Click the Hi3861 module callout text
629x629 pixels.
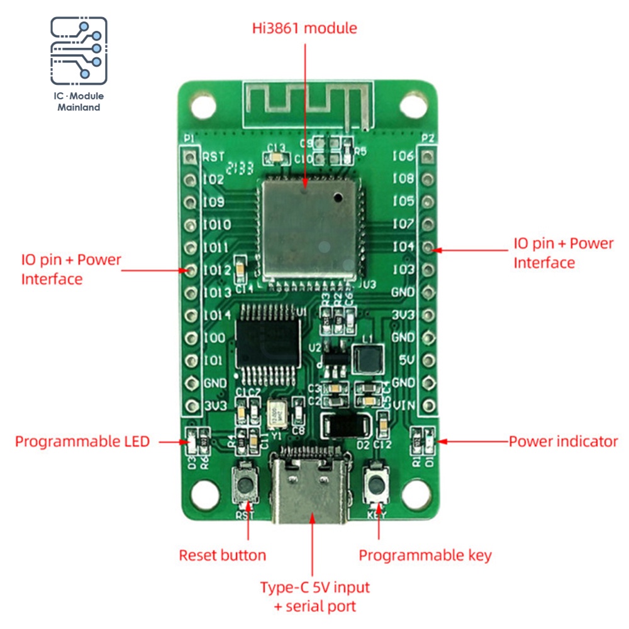point(304,28)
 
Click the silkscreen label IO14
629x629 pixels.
point(217,314)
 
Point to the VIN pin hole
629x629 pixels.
point(429,406)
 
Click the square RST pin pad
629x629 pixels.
point(187,156)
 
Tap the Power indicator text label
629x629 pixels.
point(563,442)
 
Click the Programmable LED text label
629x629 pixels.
point(82,442)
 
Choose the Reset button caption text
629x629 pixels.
point(223,555)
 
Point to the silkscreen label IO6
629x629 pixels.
point(403,157)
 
